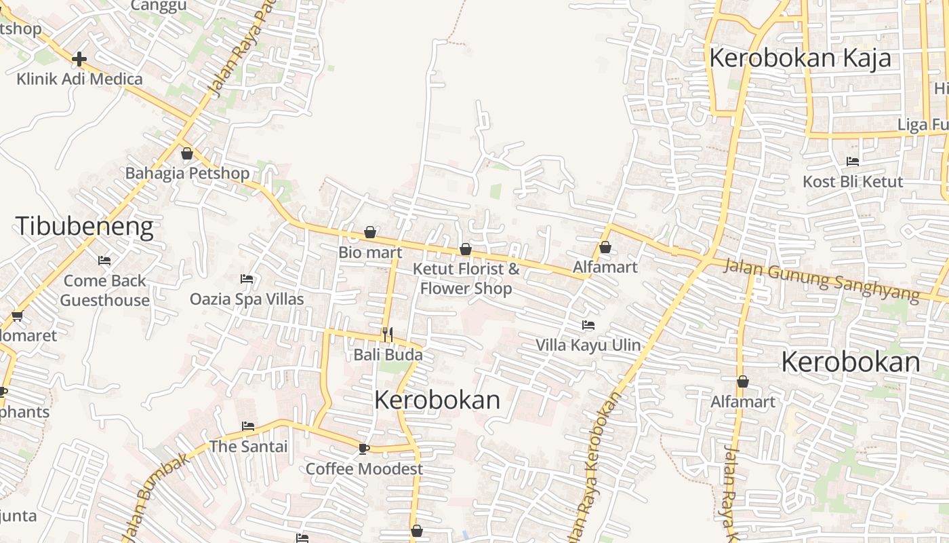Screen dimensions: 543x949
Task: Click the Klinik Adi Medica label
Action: (x=79, y=79)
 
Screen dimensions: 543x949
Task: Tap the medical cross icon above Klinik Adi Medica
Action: (x=79, y=59)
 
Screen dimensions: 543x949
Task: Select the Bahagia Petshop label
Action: (x=187, y=173)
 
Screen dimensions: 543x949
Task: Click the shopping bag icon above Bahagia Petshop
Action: (x=187, y=153)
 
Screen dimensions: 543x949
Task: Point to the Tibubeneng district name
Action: (x=85, y=226)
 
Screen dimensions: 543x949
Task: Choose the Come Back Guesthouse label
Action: (x=105, y=291)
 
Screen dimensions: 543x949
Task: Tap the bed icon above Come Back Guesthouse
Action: (x=104, y=261)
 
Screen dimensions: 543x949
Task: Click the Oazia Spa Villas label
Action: (x=247, y=299)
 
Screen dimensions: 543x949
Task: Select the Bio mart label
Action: (x=370, y=252)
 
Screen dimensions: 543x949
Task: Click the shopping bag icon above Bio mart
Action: (x=370, y=233)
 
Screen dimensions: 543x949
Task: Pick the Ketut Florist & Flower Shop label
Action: (x=466, y=278)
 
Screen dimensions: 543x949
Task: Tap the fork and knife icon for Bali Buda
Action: (x=388, y=334)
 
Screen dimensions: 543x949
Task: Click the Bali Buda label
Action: (x=388, y=354)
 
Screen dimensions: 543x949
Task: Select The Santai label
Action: (x=248, y=447)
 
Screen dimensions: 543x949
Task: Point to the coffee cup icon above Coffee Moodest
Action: (x=364, y=449)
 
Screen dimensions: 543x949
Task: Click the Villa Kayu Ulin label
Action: (x=588, y=345)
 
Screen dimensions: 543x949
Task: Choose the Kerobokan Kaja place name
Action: (x=800, y=58)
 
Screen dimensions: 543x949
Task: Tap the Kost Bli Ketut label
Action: (x=853, y=182)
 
